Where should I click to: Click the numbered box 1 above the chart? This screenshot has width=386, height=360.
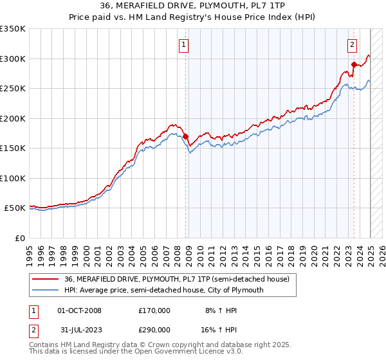pyautogui.click(x=184, y=45)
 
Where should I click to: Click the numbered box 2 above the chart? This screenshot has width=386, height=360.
pyautogui.click(x=353, y=45)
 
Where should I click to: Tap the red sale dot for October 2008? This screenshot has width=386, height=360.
pyautogui.click(x=185, y=136)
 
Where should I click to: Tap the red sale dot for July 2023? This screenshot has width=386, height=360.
pyautogui.click(x=354, y=64)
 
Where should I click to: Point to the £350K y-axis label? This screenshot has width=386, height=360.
pyautogui.click(x=13, y=29)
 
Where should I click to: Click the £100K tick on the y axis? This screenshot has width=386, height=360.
pyautogui.click(x=13, y=178)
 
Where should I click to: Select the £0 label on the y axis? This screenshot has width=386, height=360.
pyautogui.click(x=19, y=238)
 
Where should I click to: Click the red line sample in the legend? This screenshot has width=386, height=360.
pyautogui.click(x=46, y=280)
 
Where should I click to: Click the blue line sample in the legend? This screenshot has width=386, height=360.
pyautogui.click(x=46, y=290)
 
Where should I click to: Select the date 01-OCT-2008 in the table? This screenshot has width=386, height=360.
pyautogui.click(x=79, y=310)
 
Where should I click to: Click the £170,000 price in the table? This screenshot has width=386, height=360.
pyautogui.click(x=154, y=310)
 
